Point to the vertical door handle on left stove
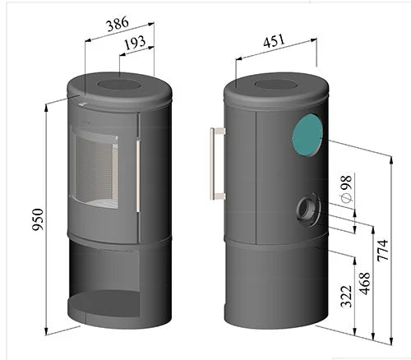137,174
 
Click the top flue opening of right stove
275,84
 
